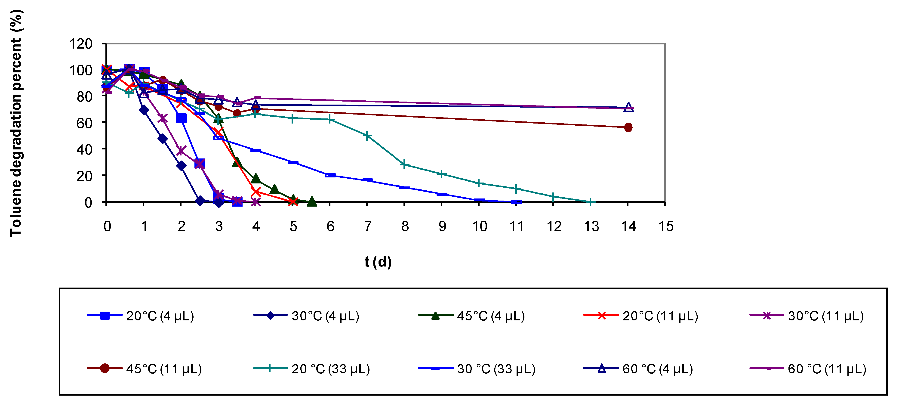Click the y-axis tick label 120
pyautogui.click(x=81, y=44)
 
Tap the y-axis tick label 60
pyautogui.click(x=84, y=123)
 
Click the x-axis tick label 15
pyautogui.click(x=666, y=226)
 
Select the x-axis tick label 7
pyautogui.click(x=367, y=226)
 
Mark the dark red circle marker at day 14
pyautogui.click(x=628, y=127)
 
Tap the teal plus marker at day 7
pyautogui.click(x=367, y=136)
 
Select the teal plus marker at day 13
pyautogui.click(x=590, y=202)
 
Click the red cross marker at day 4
pyautogui.click(x=256, y=192)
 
